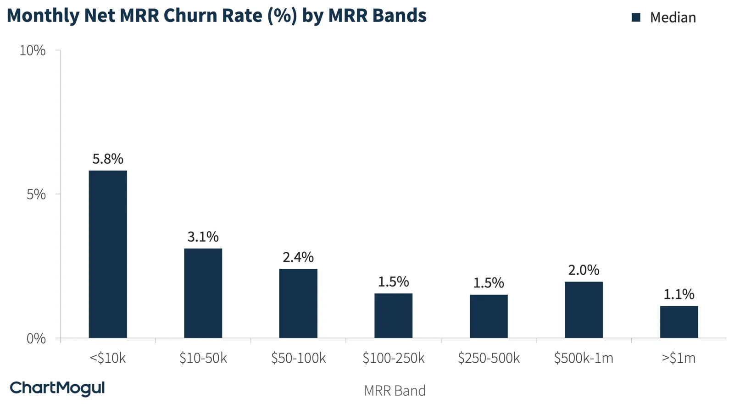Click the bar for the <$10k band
108,254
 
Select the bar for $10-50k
203,293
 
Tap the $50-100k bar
298,303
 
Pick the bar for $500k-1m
584,310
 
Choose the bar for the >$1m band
679,322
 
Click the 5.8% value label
108,159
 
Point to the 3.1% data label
203,237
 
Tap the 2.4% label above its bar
298,257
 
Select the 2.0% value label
584,270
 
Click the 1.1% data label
679,294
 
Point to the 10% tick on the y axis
33,50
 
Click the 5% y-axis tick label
36,194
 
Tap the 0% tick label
36,338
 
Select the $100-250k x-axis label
394,358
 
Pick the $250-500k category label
489,358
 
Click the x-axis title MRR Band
395,391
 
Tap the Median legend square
636,17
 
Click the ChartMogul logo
57,388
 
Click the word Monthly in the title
43,16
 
